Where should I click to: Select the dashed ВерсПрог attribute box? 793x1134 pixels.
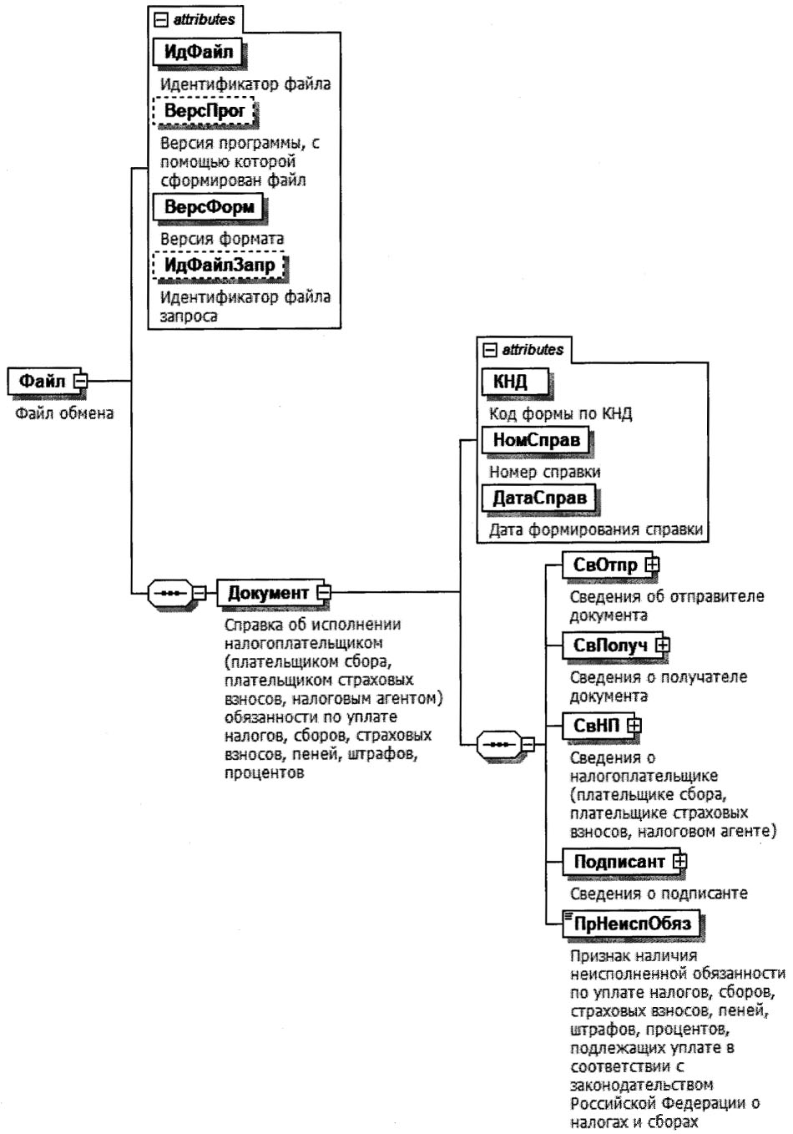[x=204, y=111]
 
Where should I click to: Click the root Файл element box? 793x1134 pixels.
[x=42, y=382]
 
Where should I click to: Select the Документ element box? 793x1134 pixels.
[x=268, y=593]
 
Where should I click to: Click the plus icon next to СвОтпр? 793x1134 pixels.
[x=652, y=565]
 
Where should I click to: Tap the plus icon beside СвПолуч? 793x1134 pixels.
[x=663, y=645]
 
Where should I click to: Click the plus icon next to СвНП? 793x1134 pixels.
[x=634, y=726]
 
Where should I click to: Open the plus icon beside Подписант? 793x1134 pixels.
[x=679, y=860]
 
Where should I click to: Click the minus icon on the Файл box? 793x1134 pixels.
[x=80, y=382]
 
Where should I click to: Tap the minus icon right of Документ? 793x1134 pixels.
[x=323, y=593]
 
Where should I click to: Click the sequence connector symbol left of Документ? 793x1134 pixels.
[x=169, y=593]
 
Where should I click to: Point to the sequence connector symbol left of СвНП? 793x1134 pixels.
[x=498, y=742]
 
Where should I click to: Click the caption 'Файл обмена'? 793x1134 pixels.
[x=64, y=413]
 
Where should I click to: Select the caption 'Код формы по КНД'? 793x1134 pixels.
[x=560, y=414]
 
